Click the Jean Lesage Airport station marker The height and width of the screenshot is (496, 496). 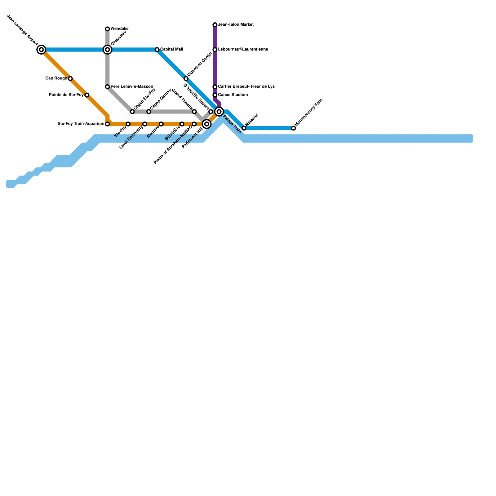click(x=41, y=50)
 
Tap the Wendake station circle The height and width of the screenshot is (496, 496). click(x=107, y=29)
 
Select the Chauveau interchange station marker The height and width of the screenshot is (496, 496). click(x=107, y=50)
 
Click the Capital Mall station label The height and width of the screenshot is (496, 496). click(x=171, y=50)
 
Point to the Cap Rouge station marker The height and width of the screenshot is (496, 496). click(x=70, y=78)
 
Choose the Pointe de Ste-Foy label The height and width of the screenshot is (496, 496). click(x=66, y=95)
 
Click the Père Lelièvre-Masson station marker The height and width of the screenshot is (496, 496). click(x=107, y=87)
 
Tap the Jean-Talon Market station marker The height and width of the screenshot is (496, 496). click(x=215, y=25)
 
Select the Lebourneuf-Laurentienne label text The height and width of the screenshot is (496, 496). click(x=243, y=50)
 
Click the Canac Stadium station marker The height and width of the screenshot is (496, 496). click(x=215, y=95)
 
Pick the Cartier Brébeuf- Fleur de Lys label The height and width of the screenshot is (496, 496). click(x=246, y=87)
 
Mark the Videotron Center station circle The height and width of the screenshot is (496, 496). click(x=186, y=78)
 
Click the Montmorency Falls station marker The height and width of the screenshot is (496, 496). click(x=293, y=128)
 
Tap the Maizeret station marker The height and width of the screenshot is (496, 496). click(x=244, y=128)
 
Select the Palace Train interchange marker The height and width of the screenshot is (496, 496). click(x=219, y=112)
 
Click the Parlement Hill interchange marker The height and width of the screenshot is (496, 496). click(x=207, y=124)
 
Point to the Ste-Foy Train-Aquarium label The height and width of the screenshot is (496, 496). click(x=81, y=124)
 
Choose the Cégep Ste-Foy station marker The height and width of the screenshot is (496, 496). click(x=132, y=112)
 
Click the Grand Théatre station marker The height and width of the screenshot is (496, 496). click(x=194, y=112)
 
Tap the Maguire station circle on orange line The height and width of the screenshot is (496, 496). click(x=161, y=124)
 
